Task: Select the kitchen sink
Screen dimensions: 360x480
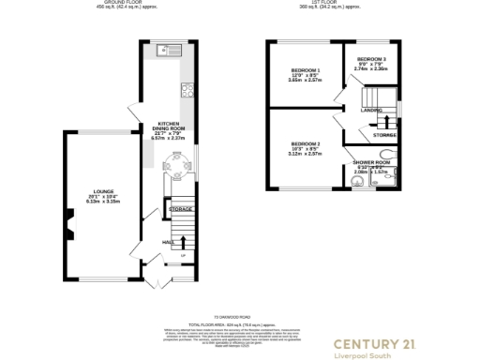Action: (172, 49)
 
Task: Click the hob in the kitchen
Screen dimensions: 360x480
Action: (186, 92)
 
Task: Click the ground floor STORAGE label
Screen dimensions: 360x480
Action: (182, 209)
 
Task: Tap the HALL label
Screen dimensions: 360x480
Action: (168, 242)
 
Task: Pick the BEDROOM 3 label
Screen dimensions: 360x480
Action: (370, 59)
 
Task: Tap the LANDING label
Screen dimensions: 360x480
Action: (370, 110)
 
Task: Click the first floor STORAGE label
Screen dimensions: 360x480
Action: (383, 135)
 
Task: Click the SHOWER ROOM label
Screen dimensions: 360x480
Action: (369, 162)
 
